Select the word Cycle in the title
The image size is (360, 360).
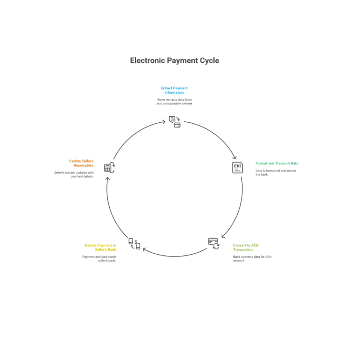209,60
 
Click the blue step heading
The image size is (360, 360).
174,90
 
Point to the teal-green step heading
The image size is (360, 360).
277,163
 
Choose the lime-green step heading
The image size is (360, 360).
246,247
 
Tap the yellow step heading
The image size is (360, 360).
100,247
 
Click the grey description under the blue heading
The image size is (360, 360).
174,101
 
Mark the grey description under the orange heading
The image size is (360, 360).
74,174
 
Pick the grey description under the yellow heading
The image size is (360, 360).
99,258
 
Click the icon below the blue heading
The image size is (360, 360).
174,121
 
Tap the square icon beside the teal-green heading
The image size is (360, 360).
238,167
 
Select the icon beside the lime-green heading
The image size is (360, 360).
214,243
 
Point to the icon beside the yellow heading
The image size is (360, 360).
135,244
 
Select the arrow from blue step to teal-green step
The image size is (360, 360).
213,135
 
